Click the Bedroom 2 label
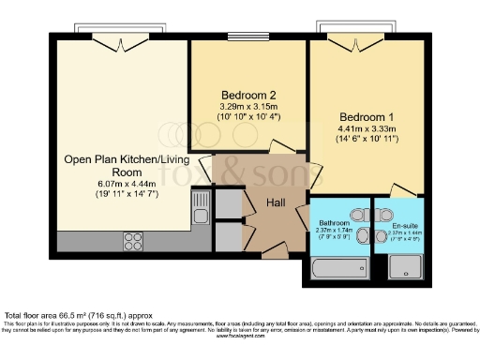click(x=248, y=95)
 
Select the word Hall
click(x=276, y=202)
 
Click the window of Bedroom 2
click(x=249, y=37)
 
